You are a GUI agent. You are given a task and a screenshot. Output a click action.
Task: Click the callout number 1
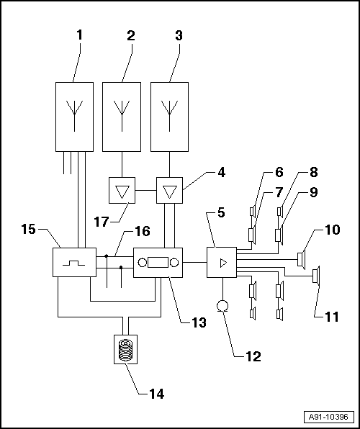tap(79, 35)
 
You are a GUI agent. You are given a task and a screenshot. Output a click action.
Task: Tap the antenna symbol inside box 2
tap(122, 116)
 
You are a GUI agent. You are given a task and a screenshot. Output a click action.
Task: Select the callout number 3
tap(179, 35)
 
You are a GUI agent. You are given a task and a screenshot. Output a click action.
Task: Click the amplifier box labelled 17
tap(122, 191)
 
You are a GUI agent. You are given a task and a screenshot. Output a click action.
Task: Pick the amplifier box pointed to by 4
tap(169, 191)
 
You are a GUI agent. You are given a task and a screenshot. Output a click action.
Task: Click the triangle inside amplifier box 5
tap(223, 263)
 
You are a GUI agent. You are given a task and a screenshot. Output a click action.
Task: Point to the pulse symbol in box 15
tap(73, 263)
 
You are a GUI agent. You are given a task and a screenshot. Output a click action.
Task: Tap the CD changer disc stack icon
tap(125, 349)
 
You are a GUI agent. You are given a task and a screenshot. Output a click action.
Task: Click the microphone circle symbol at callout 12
tap(222, 306)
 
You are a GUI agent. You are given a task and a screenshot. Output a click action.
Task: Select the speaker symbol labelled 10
tap(301, 259)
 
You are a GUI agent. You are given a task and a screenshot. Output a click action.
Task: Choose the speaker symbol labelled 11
tap(317, 276)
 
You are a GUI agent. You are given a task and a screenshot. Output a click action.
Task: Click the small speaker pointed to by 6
tap(253, 212)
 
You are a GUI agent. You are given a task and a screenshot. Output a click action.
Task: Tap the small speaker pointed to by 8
tap(280, 212)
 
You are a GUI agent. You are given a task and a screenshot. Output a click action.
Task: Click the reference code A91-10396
tap(328, 417)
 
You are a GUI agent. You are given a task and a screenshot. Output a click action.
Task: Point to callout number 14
tap(156, 394)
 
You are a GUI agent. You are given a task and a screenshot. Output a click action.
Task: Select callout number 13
tap(199, 322)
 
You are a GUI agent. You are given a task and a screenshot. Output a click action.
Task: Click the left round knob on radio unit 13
tap(143, 263)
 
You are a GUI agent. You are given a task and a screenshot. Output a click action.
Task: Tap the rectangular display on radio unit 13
tap(158, 263)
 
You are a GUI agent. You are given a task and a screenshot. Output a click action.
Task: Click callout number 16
tap(143, 232)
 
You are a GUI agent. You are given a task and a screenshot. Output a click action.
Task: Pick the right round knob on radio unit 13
tap(174, 263)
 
